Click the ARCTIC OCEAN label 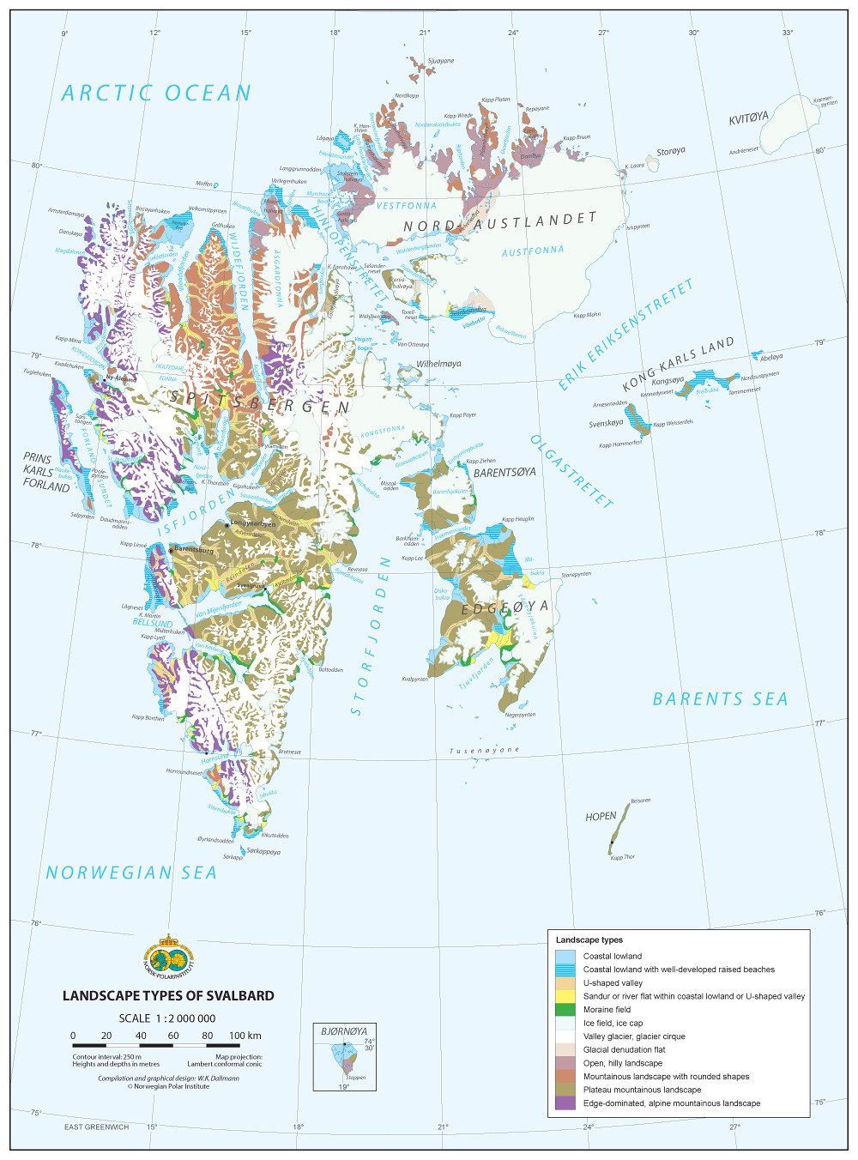[x=156, y=93]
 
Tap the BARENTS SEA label [x=720, y=699]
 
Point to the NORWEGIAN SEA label [x=131, y=873]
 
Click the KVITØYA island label [x=749, y=119]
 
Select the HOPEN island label [x=601, y=817]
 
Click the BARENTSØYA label [x=505, y=472]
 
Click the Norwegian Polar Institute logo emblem [x=168, y=957]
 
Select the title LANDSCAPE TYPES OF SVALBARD [x=168, y=995]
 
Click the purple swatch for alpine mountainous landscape [x=565, y=1103]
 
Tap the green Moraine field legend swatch [x=565, y=1009]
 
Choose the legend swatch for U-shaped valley [x=565, y=982]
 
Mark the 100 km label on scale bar [x=245, y=1036]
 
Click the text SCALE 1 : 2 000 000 [x=167, y=1018]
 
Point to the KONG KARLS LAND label [x=678, y=365]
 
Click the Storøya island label [x=671, y=152]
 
